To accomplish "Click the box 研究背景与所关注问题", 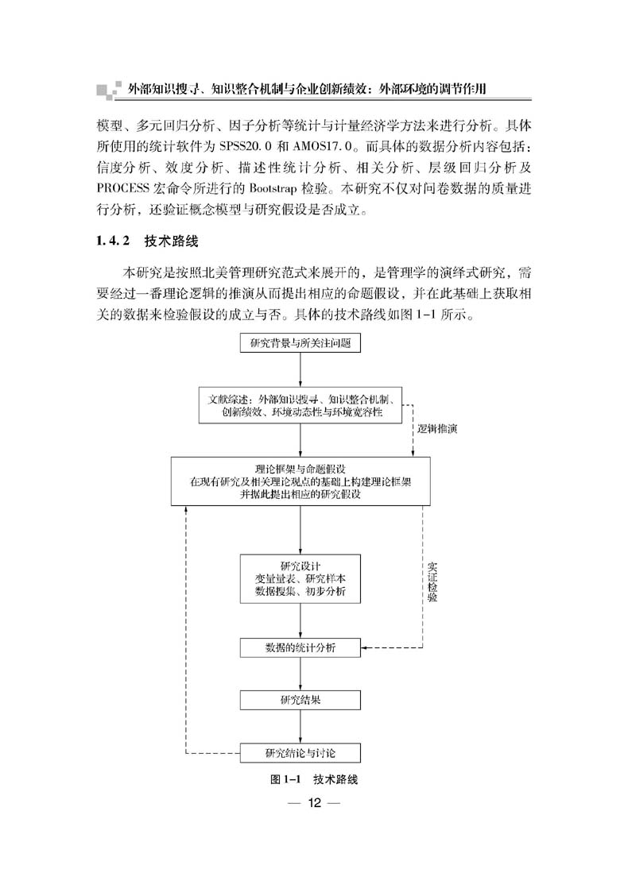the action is tap(300, 343).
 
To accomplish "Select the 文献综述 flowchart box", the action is tap(300, 405).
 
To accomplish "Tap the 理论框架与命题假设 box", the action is tap(300, 481).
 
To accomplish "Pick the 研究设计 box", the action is tap(300, 579).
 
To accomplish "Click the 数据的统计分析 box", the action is tap(300, 647).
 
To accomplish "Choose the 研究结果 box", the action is tap(300, 700).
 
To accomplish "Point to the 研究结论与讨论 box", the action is tap(300, 753).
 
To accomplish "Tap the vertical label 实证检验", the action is tap(432, 581).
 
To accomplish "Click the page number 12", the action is tap(315, 803).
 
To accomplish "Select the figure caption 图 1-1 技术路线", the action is tap(314, 779).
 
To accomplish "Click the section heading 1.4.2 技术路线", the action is tap(148, 241).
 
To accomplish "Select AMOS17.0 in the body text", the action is tap(325, 146).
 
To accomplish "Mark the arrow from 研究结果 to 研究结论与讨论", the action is tap(300, 726).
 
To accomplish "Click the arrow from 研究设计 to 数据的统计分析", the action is tap(300, 620).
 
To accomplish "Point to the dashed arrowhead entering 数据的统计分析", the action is tap(365, 648).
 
